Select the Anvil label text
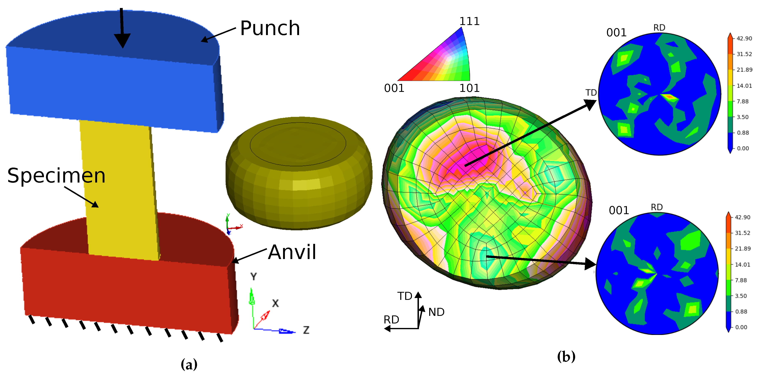point(292,252)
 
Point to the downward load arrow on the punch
point(122,28)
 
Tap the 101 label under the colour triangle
point(469,88)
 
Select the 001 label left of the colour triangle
point(394,88)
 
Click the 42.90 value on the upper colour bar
point(744,39)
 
